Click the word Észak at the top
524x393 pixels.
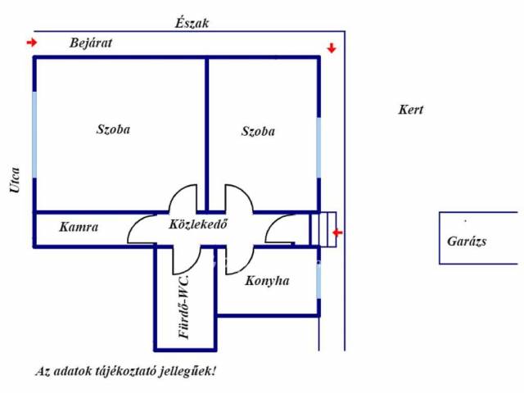click(192, 23)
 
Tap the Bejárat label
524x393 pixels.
click(90, 43)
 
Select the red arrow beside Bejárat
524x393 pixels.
click(32, 43)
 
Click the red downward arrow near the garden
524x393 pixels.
click(331, 48)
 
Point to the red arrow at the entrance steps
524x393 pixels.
click(338, 233)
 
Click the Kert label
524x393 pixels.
click(410, 110)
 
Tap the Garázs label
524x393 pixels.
click(467, 242)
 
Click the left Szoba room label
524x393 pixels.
click(113, 129)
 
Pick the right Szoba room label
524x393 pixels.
click(258, 131)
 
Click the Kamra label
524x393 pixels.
click(79, 228)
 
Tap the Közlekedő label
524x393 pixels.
click(197, 224)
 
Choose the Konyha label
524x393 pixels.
click(267, 281)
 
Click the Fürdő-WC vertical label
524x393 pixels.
click(185, 307)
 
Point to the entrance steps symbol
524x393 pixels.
click(323, 228)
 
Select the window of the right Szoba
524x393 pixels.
click(318, 148)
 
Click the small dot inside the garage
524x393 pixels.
click(465, 221)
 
